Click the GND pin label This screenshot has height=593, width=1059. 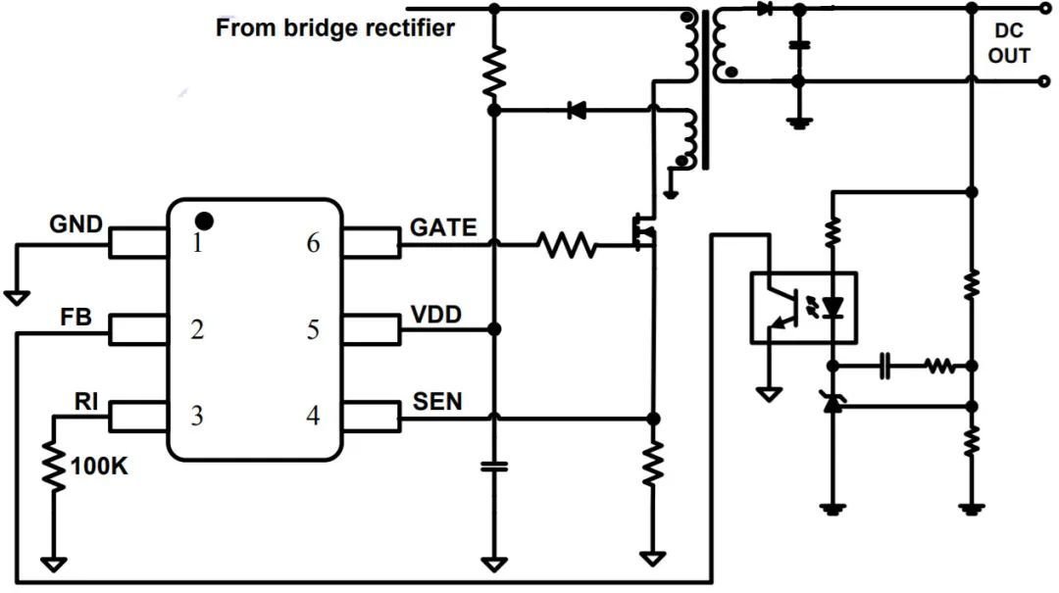(x=76, y=224)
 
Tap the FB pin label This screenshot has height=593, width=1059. (x=76, y=317)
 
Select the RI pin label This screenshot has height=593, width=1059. (x=85, y=401)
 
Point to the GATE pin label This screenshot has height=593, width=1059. (x=443, y=227)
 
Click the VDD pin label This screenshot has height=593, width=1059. (x=435, y=314)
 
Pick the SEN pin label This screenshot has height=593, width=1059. (x=437, y=402)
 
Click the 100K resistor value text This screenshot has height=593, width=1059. (x=99, y=466)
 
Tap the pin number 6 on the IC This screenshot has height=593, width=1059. (x=313, y=243)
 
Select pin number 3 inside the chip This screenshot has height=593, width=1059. (x=196, y=415)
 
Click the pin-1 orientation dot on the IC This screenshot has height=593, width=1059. (x=204, y=221)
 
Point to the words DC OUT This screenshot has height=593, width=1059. (x=1009, y=43)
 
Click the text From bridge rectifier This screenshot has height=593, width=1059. (x=335, y=27)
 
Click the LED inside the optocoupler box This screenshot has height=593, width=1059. (x=832, y=308)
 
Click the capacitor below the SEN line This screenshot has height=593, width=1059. (x=493, y=466)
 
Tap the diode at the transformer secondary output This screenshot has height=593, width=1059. (x=765, y=10)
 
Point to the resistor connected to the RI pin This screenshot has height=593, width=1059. (x=54, y=467)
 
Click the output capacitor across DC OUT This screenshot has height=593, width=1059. (x=799, y=45)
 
